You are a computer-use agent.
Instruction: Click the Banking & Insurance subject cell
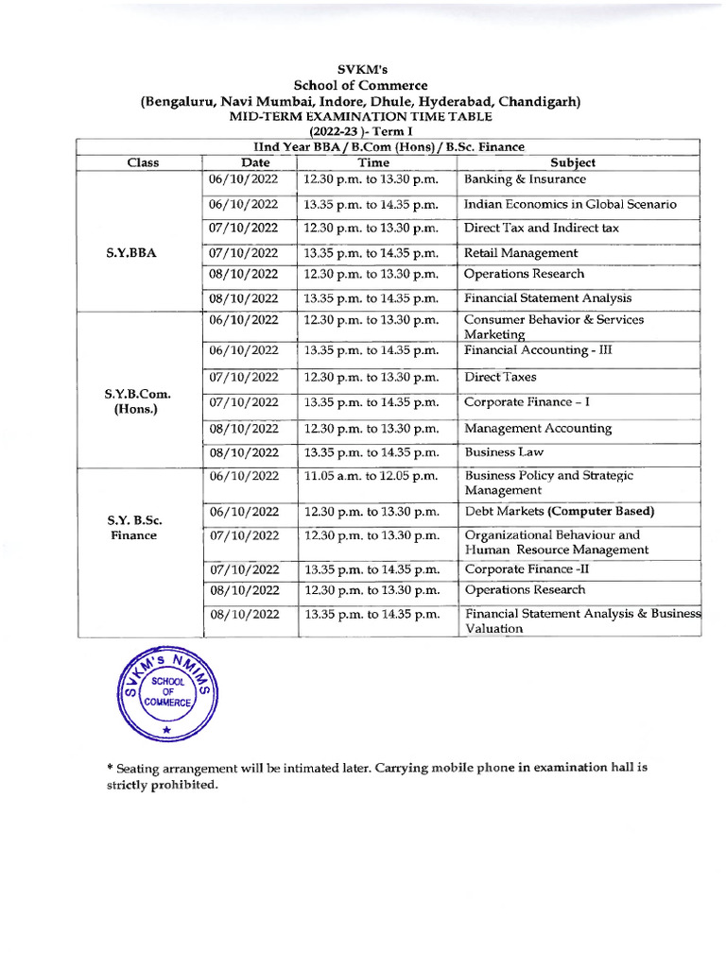pos(525,179)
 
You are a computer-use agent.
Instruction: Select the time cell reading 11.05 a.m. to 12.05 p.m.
pos(371,476)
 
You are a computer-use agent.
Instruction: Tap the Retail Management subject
pos(520,253)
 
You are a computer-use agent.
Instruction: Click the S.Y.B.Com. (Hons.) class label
pos(138,402)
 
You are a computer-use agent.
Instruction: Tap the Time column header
pos(372,162)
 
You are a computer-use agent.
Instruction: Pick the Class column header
pos(144,162)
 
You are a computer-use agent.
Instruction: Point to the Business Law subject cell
pos(504,452)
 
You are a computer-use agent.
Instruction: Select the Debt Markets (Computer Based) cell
pos(559,512)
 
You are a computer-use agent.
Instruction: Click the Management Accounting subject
pos(538,429)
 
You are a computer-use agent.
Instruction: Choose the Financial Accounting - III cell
pos(539,350)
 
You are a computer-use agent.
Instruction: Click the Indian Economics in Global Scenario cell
pos(570,204)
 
